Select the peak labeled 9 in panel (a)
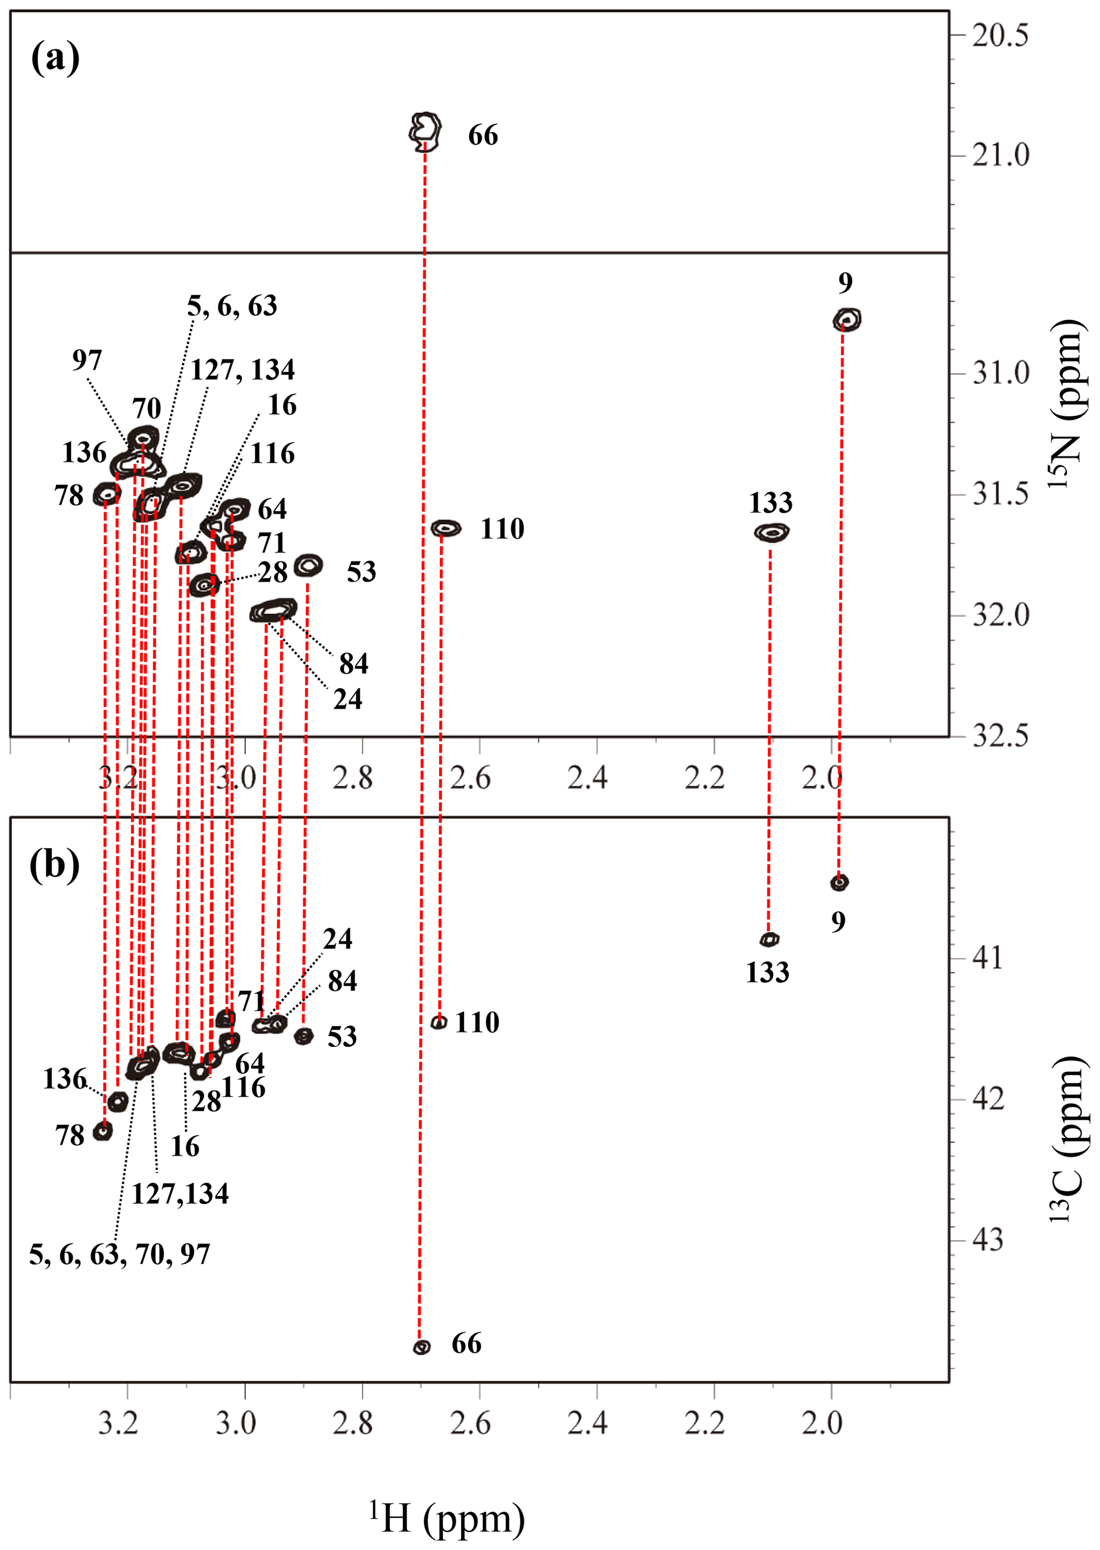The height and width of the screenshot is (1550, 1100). coord(847,319)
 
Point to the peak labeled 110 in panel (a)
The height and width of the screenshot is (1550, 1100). coord(445,528)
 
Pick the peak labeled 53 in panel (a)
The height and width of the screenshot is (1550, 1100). coord(309,564)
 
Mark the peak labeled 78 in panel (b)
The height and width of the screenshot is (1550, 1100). coord(103,1131)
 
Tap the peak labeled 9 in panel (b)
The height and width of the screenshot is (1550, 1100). coord(839,882)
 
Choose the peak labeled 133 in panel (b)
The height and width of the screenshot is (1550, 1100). coord(770,939)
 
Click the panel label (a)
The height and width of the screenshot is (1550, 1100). coord(55,58)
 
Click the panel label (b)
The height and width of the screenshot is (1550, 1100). coord(54,865)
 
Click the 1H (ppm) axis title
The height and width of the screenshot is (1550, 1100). coord(447,1518)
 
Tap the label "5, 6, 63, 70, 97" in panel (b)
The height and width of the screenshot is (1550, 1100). coord(120,1254)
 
